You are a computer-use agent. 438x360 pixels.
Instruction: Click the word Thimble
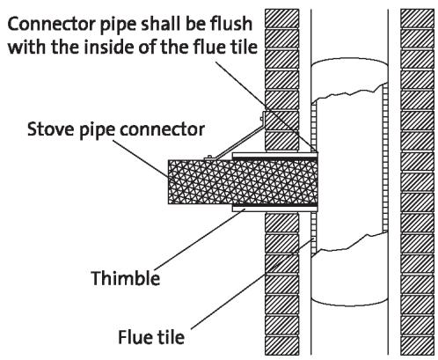click(x=126, y=277)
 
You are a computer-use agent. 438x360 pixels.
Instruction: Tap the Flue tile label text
click(x=151, y=337)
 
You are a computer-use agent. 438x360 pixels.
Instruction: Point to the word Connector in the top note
click(x=51, y=24)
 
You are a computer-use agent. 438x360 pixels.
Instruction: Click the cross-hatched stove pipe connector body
click(x=243, y=182)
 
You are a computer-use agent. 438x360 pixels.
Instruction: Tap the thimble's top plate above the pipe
click(x=274, y=155)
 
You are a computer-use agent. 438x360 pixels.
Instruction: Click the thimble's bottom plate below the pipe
click(x=274, y=209)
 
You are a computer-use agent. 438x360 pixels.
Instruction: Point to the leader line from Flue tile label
click(x=253, y=283)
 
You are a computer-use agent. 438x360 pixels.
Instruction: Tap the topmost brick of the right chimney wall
click(x=417, y=18)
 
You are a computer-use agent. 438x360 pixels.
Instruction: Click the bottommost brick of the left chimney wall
click(x=282, y=346)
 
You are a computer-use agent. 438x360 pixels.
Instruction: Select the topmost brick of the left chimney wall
click(x=282, y=18)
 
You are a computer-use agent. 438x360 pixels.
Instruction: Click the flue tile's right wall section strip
click(x=385, y=158)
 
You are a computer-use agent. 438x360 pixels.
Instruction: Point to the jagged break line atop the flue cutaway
click(x=349, y=92)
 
